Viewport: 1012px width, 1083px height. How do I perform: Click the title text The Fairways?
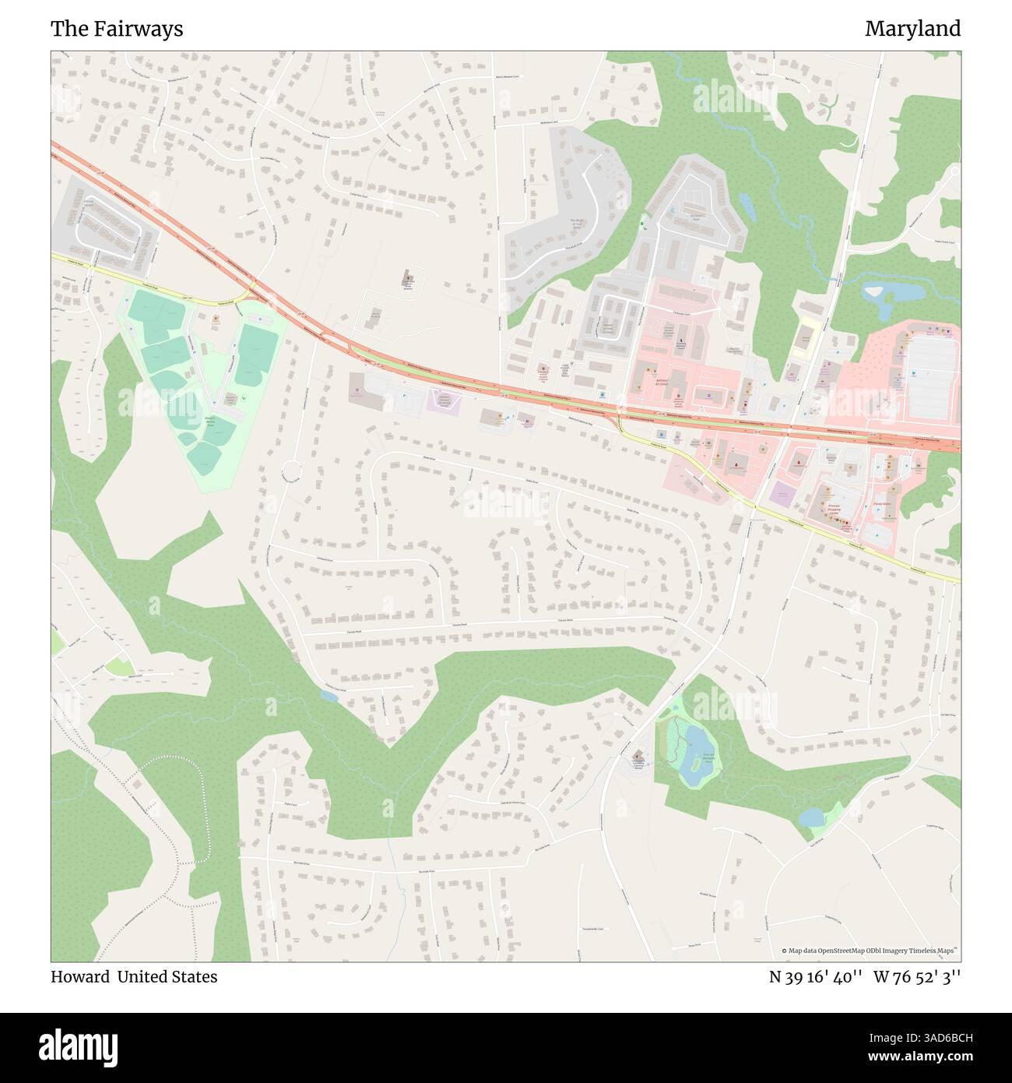click(117, 29)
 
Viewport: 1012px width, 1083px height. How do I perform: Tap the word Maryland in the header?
click(912, 29)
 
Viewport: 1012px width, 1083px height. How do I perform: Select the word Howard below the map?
click(79, 976)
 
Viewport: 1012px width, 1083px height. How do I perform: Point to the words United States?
click(167, 976)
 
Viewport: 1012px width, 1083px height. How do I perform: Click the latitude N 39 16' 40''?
click(815, 976)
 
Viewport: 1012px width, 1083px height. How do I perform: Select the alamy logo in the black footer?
click(79, 1046)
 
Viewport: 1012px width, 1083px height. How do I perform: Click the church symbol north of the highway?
click(406, 278)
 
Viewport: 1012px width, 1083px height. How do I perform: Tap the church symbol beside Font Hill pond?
click(638, 756)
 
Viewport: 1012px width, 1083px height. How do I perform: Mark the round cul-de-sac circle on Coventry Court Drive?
click(291, 471)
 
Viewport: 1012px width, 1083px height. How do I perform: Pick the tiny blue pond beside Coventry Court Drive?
click(329, 696)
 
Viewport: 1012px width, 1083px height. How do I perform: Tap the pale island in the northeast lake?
click(873, 292)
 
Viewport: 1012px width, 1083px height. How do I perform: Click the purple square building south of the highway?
click(780, 493)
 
